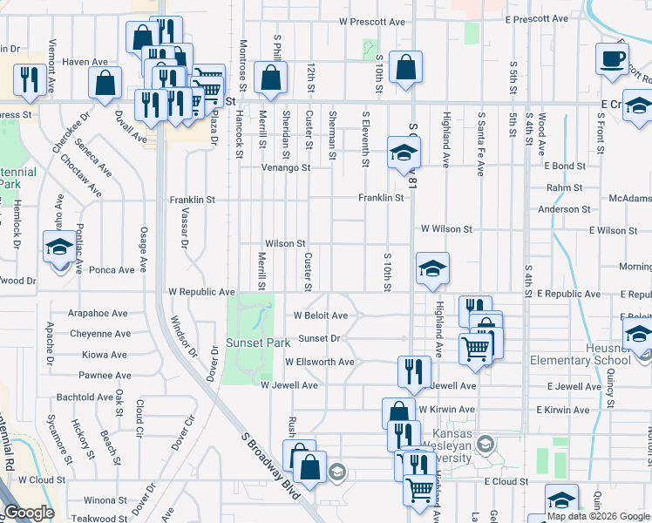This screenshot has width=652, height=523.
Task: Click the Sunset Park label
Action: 258,343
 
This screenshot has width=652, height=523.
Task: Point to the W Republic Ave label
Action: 202,291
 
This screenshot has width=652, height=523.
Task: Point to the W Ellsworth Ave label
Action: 323,362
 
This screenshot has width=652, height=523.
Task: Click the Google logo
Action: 29,513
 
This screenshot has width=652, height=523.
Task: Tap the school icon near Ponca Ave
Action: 59,246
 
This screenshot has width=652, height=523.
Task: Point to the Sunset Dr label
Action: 318,338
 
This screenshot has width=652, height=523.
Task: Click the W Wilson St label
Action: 446,229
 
